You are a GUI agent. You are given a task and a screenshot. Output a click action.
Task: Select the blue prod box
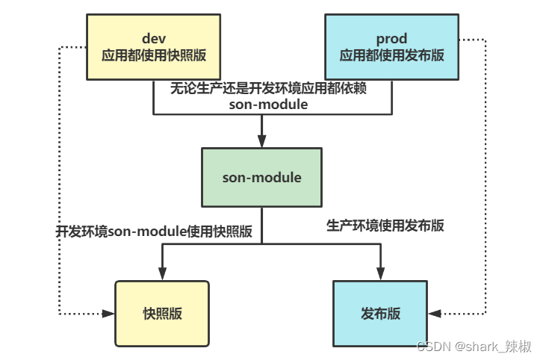pos(391,46)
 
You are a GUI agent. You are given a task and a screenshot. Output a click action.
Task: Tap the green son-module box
pos(261,177)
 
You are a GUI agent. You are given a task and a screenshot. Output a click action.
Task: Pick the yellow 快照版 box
pos(162,314)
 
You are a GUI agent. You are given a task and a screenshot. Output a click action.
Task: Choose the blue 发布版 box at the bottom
pos(380,314)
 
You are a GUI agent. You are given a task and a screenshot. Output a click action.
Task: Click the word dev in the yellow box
pos(154,37)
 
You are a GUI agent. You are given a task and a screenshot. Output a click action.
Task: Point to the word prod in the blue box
pos(391,37)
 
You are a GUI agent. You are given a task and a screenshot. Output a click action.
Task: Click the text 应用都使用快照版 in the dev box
pos(155,55)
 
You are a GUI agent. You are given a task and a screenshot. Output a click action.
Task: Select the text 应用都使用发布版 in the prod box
pos(391,55)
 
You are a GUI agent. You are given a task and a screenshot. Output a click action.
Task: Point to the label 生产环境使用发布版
pos(385,225)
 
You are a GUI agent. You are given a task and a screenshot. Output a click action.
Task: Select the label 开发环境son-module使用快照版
pos(154,232)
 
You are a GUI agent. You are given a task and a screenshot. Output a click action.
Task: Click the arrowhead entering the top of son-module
pos(261,141)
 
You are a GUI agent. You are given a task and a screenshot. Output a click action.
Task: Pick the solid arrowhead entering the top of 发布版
pos(380,274)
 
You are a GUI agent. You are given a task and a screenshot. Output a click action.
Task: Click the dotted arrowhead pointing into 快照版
pos(108,314)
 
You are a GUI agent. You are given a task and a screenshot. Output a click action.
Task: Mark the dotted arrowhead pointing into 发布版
pos(435,314)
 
